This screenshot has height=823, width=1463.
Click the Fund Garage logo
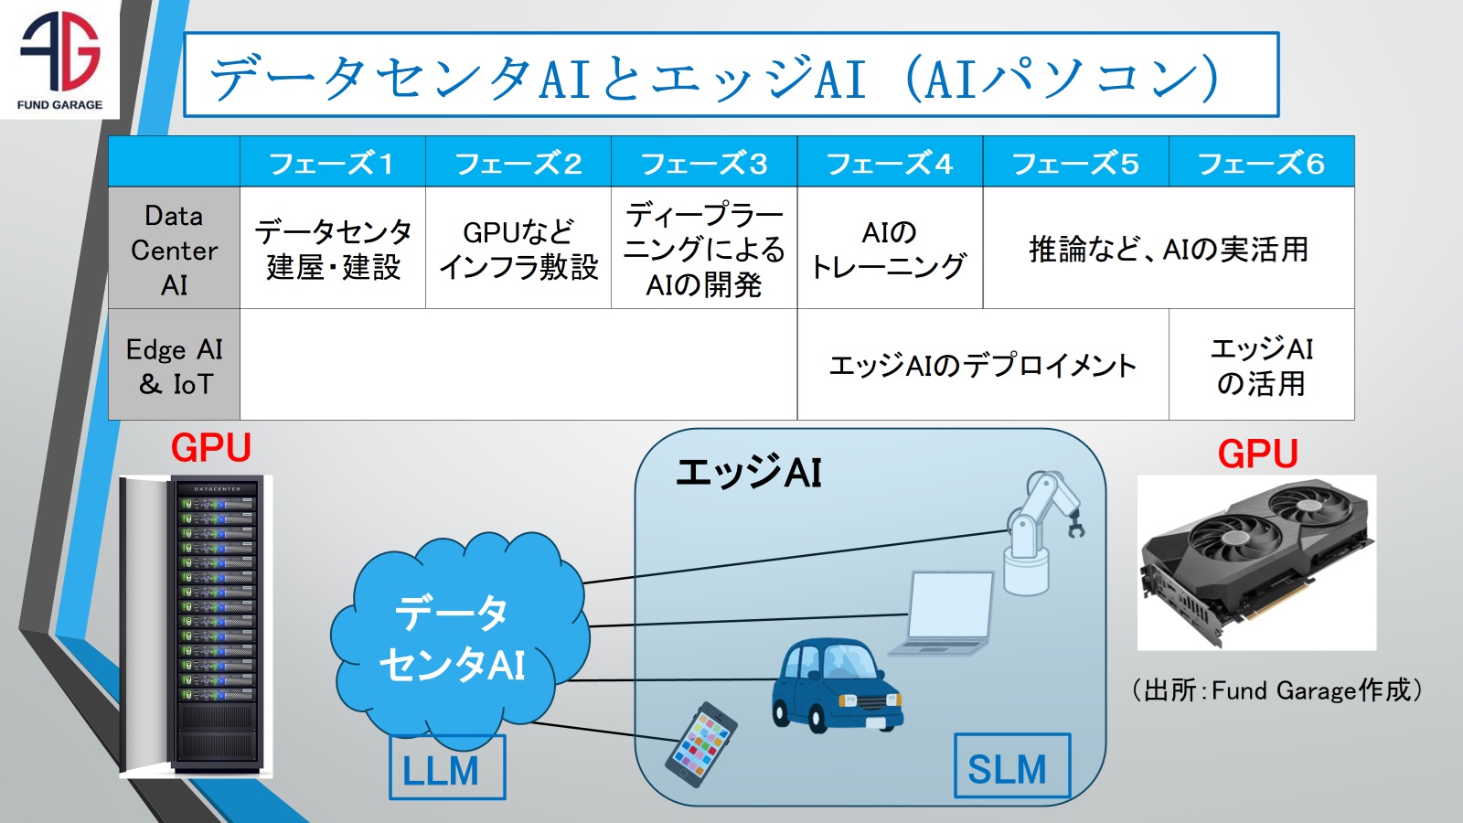coord(59,59)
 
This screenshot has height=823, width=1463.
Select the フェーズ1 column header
coord(332,163)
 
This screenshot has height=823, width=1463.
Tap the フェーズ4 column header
coord(890,163)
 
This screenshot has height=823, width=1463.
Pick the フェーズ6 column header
coord(1261,163)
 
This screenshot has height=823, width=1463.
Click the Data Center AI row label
coord(174,250)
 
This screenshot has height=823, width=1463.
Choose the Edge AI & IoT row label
coord(174,366)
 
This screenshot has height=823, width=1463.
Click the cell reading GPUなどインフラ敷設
coord(518,249)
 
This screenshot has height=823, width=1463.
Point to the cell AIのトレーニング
coord(890,249)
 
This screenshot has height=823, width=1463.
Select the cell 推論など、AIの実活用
coord(1169,249)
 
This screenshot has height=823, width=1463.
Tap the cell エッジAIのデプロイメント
coord(983,366)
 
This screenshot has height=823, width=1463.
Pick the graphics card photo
coord(1256,561)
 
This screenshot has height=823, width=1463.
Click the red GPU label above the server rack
coord(210,449)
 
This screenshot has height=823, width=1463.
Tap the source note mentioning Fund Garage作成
coord(1276,690)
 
